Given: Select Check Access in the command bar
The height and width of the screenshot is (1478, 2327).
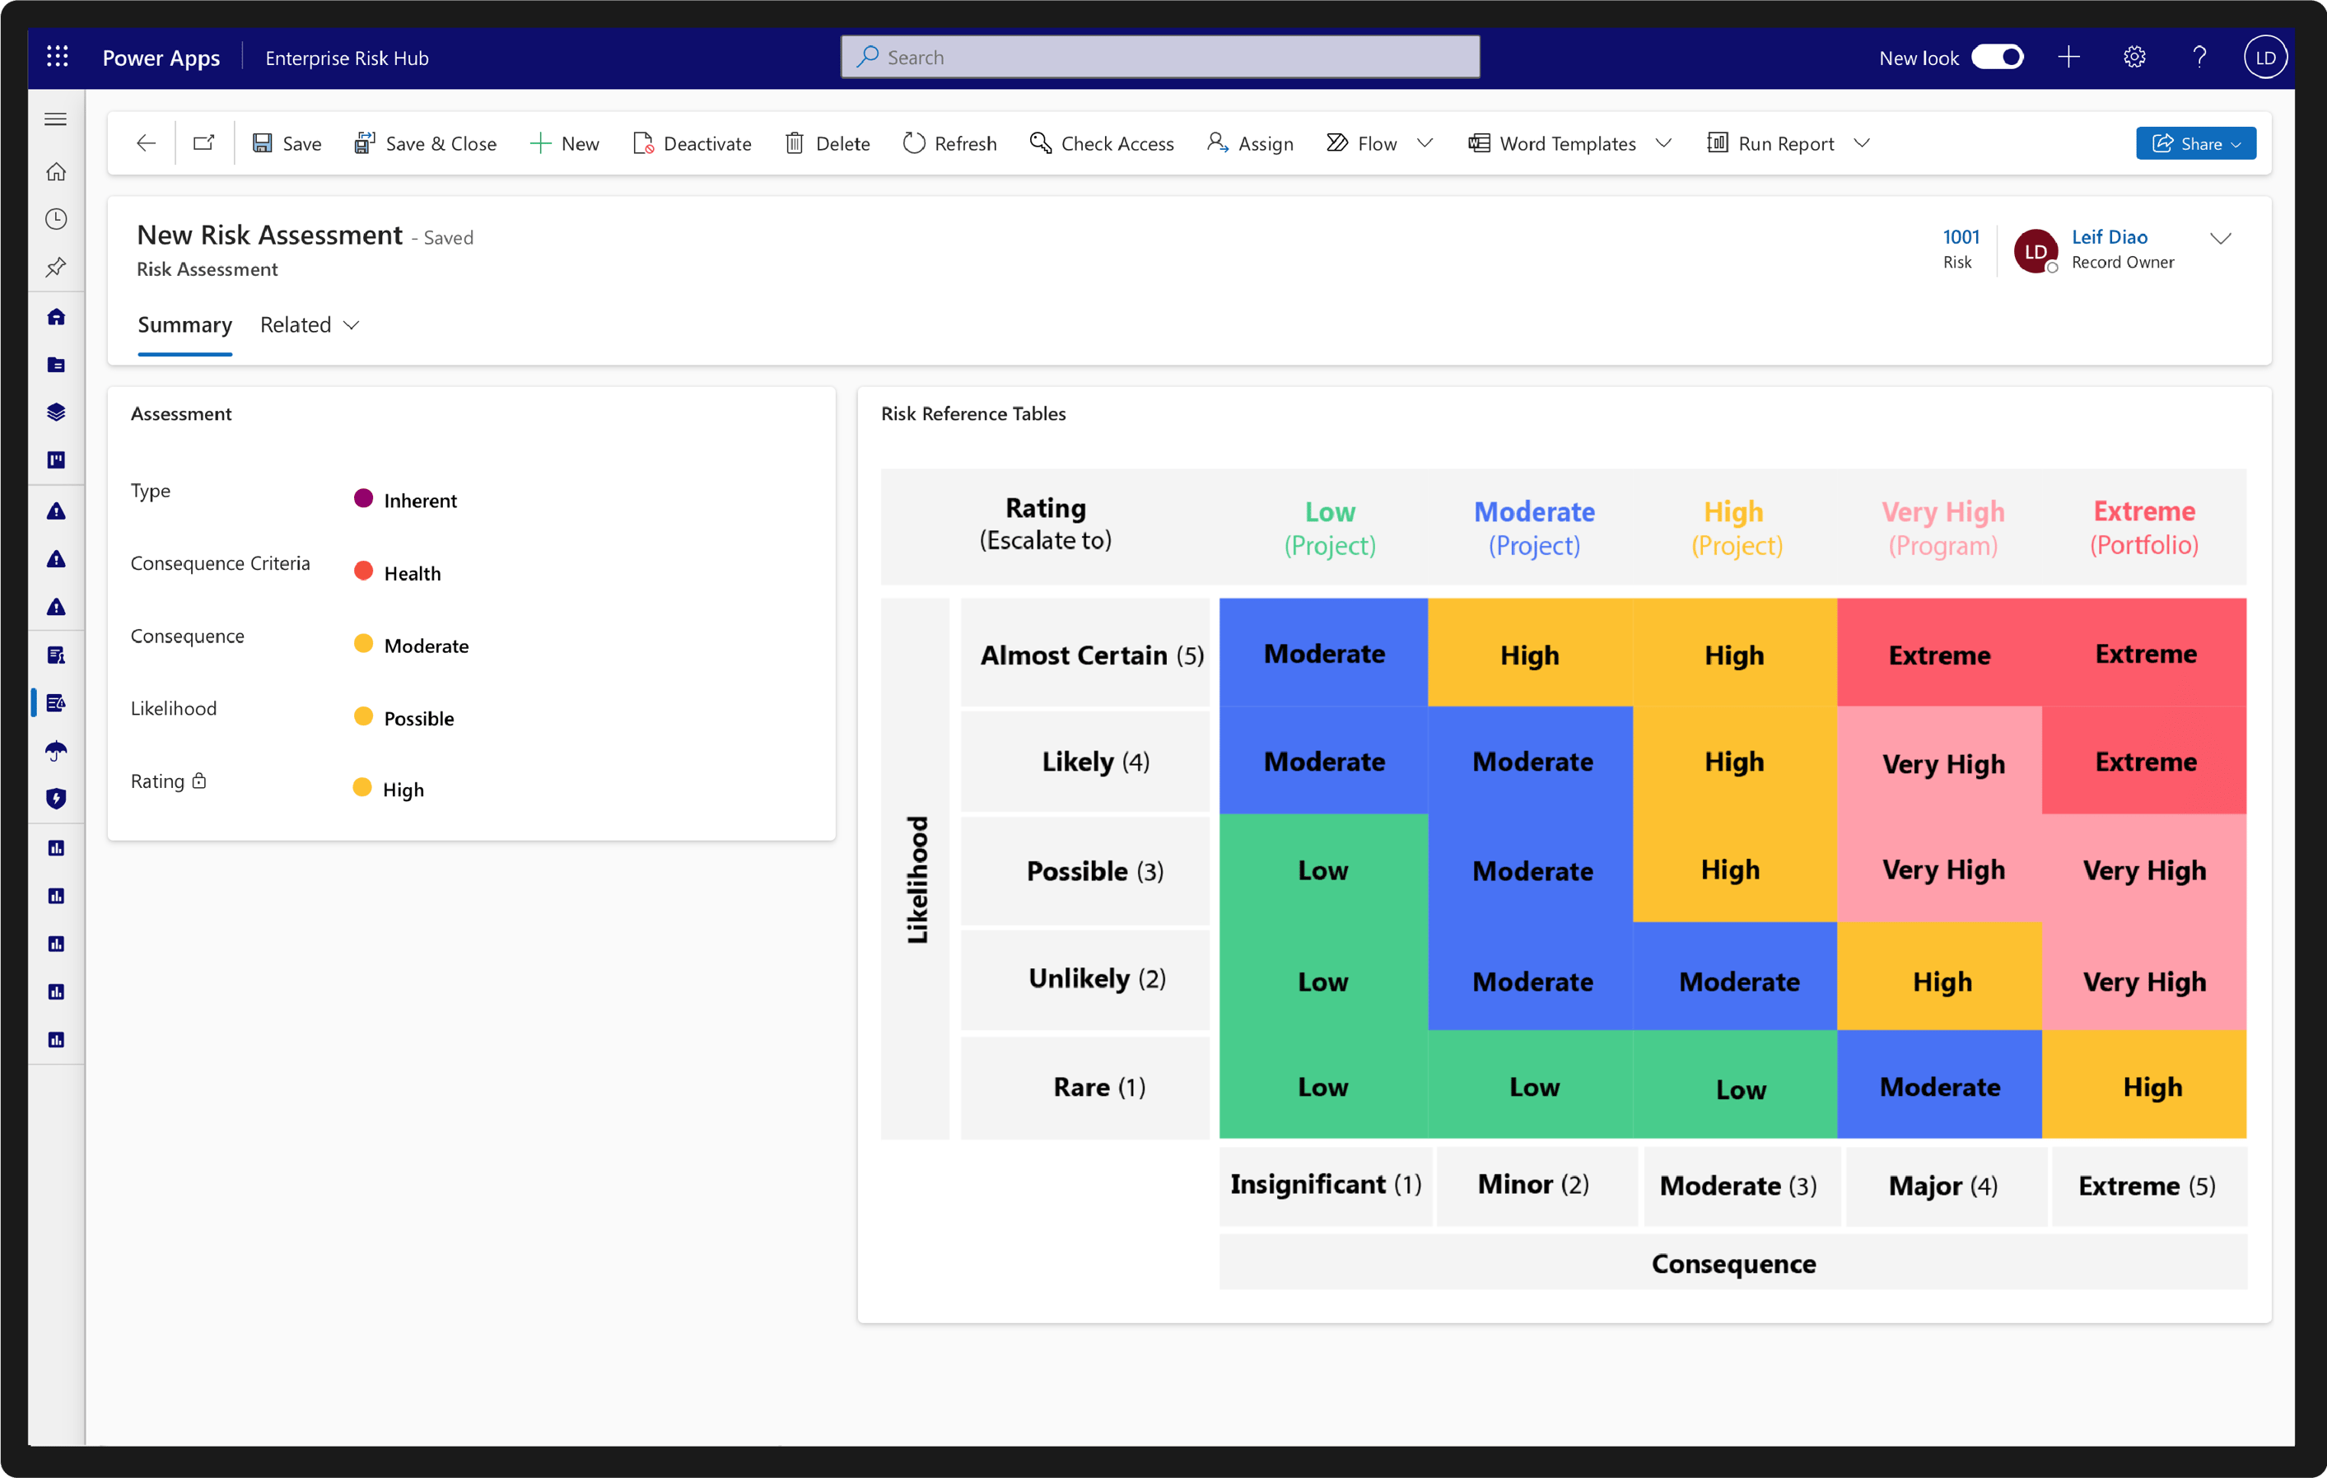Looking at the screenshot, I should (1102, 143).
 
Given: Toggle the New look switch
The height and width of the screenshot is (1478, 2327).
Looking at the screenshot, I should (1997, 57).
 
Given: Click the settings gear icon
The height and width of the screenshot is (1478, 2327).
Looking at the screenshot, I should (2133, 57).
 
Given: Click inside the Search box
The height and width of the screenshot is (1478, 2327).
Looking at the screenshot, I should (1159, 57).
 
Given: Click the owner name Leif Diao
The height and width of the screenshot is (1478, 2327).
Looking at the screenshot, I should (2109, 237).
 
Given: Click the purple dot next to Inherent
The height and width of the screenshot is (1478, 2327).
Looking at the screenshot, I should (363, 499).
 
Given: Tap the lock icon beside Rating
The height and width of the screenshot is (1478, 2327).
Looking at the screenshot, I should (199, 781).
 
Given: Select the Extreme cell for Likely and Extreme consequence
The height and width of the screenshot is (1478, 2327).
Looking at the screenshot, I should (2144, 761).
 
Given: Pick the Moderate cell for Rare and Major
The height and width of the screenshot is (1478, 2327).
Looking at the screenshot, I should (1938, 1087).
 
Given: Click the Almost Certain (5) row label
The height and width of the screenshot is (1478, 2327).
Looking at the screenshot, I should (1091, 655).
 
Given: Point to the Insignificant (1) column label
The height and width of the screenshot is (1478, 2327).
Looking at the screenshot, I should (1325, 1184).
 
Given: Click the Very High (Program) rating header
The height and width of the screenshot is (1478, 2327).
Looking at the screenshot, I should (1942, 528).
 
